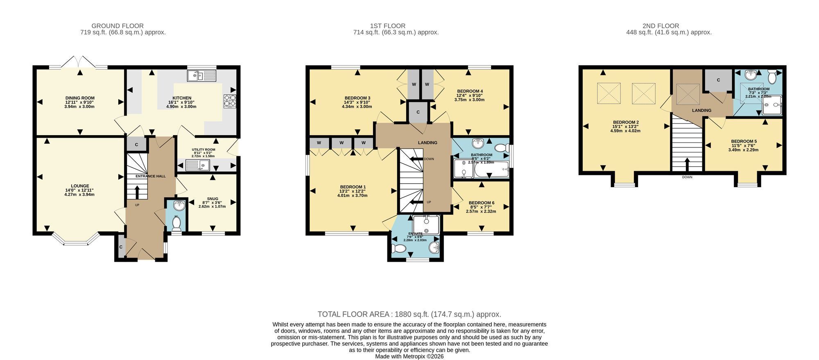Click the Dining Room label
80,98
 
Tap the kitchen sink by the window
201,75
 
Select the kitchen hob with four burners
230,101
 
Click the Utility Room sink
197,165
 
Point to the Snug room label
213,199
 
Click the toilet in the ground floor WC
176,223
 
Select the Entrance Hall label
151,176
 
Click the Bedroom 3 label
357,98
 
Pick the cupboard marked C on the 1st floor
418,112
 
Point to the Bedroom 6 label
482,203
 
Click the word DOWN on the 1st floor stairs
429,159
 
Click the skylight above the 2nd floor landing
688,94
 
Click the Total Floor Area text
409,315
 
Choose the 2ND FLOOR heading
669,26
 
